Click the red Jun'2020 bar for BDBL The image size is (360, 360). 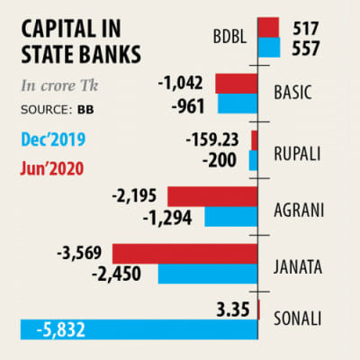[x=269, y=28]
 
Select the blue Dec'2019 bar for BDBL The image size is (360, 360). [x=269, y=49]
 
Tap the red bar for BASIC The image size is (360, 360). [x=237, y=84]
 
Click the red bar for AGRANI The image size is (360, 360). [x=212, y=195]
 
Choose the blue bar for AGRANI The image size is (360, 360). [x=231, y=217]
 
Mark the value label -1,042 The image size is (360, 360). [x=185, y=84]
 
